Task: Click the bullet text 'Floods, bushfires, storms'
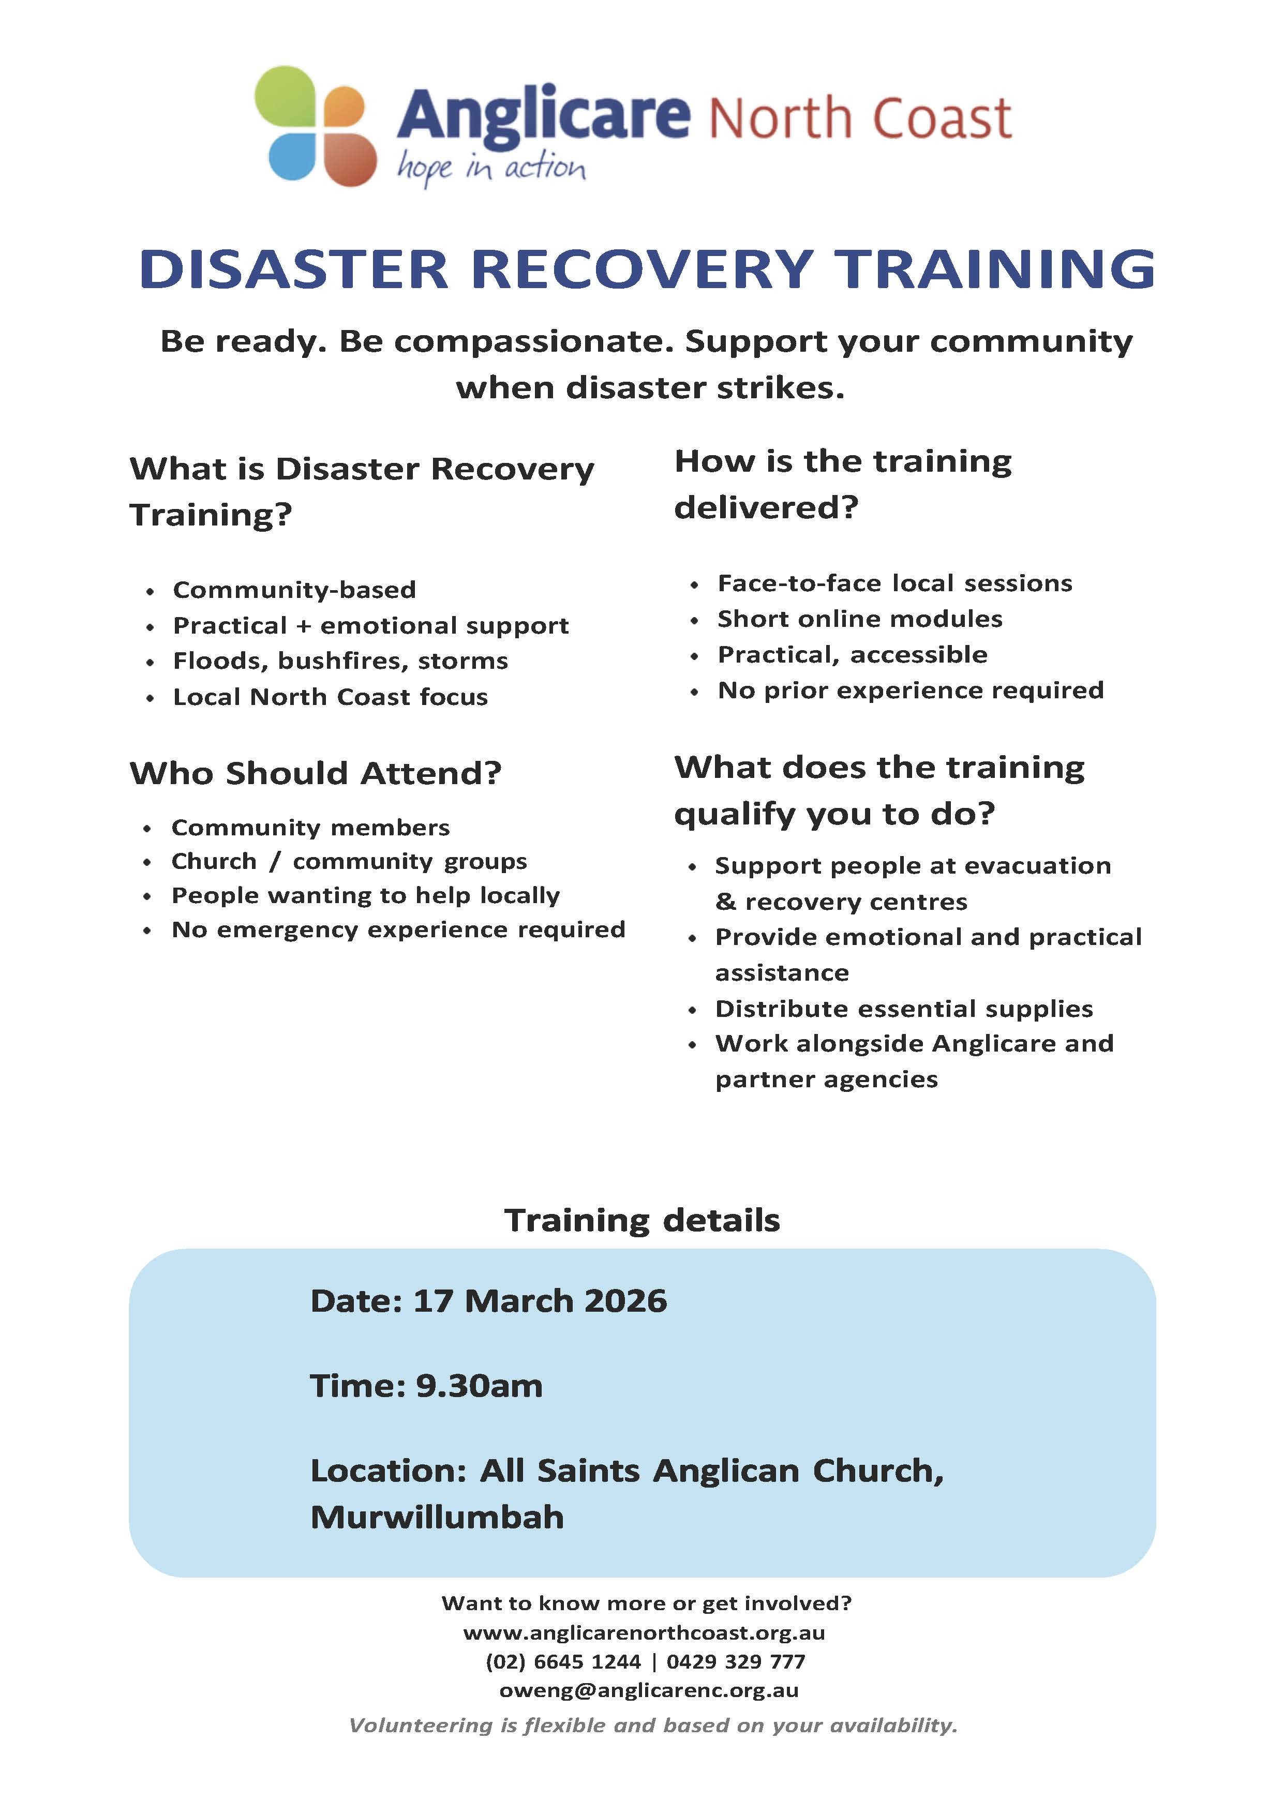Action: (x=340, y=661)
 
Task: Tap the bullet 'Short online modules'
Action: (x=859, y=619)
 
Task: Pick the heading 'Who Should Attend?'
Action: (x=316, y=773)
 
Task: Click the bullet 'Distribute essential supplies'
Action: (x=904, y=1009)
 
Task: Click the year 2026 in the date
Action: (x=624, y=1301)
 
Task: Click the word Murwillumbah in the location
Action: (x=437, y=1518)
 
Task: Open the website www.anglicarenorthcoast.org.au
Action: (x=644, y=1632)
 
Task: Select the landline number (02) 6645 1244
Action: (x=563, y=1662)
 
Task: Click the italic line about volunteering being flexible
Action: (x=653, y=1725)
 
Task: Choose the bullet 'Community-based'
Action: (x=294, y=590)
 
